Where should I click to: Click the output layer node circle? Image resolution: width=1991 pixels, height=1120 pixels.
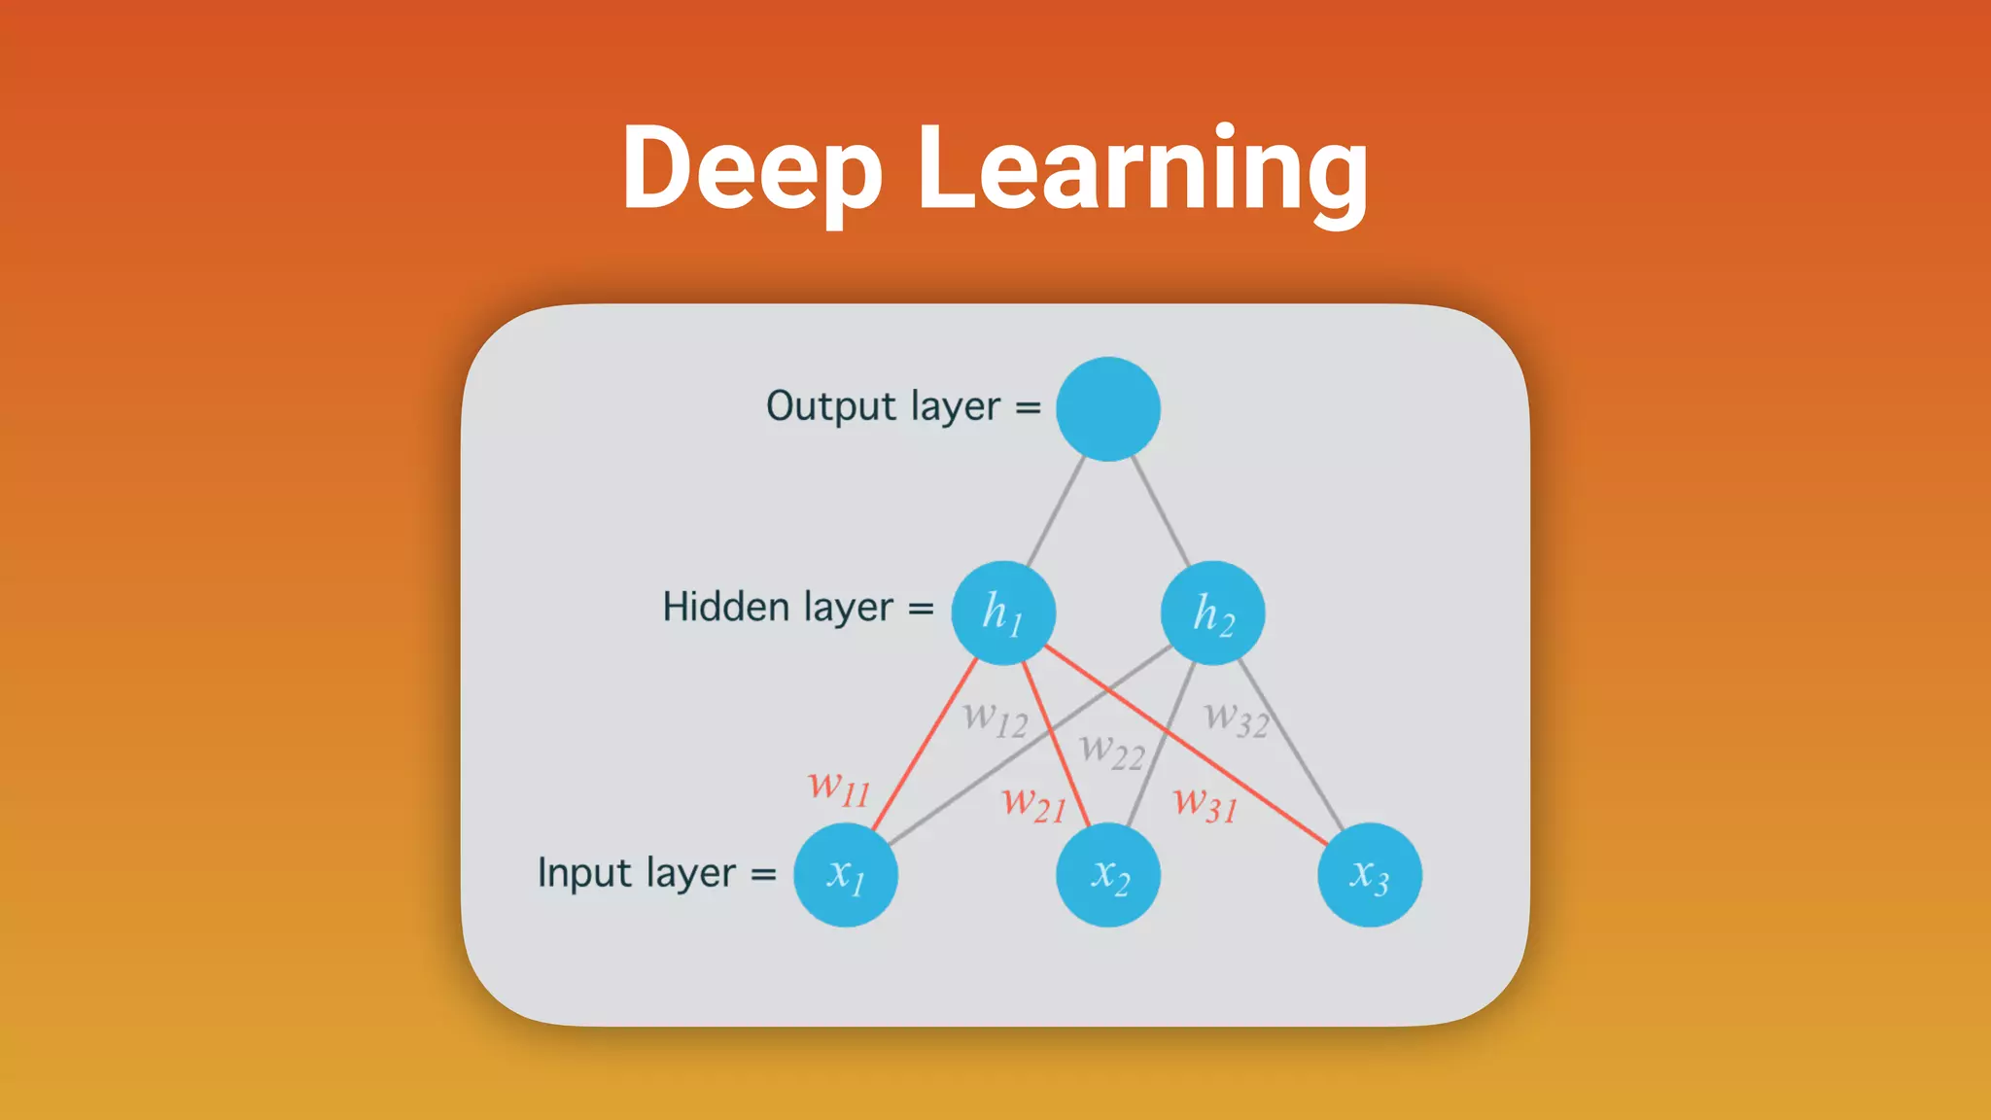coord(1108,408)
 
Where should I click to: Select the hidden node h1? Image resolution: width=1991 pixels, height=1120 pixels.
coord(1003,613)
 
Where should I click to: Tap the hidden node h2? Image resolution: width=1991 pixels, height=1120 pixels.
coord(1213,613)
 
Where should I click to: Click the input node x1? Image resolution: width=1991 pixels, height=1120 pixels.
coord(846,875)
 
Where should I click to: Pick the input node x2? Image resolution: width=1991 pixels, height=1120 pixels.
coord(1108,875)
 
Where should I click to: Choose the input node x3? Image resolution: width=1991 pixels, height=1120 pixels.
coord(1370,875)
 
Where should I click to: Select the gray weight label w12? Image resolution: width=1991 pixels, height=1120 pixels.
coord(995,719)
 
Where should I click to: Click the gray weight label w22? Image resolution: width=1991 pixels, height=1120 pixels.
coord(1112,751)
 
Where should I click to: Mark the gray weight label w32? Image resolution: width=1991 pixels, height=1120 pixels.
coord(1237,719)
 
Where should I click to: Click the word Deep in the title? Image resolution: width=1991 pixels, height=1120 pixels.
coord(752,170)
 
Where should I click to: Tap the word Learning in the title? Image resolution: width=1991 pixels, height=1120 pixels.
coord(1143,170)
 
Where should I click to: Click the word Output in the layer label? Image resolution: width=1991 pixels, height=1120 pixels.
coord(831,406)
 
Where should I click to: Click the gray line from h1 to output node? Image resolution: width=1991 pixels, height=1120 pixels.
coord(1056,510)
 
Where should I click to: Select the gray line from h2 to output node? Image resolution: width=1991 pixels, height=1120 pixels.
coord(1161,510)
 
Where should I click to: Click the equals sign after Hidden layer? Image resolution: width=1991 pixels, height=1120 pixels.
coord(921,610)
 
